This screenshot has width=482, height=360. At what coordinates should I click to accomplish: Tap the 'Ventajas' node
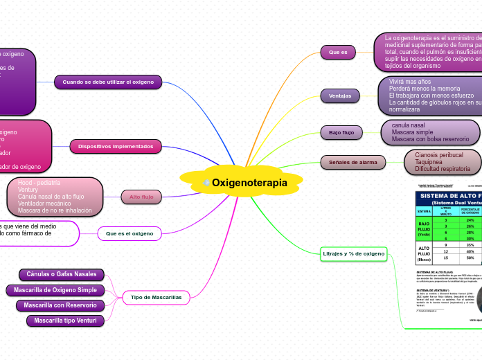339,96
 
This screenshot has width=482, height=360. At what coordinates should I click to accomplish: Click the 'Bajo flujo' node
341,132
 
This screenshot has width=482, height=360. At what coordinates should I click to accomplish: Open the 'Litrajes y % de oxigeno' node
353,254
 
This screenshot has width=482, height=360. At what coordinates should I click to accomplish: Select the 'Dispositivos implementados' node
115,146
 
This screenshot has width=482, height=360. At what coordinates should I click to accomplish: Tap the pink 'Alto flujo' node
141,197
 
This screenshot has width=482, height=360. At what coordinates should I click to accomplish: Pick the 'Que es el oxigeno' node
130,234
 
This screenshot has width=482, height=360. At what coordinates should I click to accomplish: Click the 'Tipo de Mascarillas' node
156,298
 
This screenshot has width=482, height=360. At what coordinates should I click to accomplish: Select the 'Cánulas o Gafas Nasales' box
62,275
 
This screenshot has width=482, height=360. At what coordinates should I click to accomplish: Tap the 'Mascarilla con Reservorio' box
60,305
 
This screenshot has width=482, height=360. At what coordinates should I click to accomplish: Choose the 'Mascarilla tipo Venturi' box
66,321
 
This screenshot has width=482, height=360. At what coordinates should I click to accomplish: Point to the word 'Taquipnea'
429,162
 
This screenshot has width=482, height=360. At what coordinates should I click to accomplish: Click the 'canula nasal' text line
408,125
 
